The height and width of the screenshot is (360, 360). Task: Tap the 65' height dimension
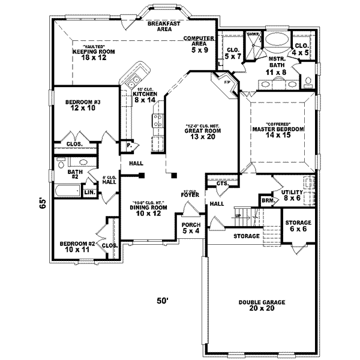click(42, 203)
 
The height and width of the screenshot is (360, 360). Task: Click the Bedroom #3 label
click(83, 106)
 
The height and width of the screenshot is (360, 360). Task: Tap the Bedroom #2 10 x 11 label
click(77, 247)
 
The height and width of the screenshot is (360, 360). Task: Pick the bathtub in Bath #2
click(67, 191)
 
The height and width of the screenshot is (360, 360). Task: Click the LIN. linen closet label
click(89, 192)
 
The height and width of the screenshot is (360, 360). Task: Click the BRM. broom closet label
click(267, 201)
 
